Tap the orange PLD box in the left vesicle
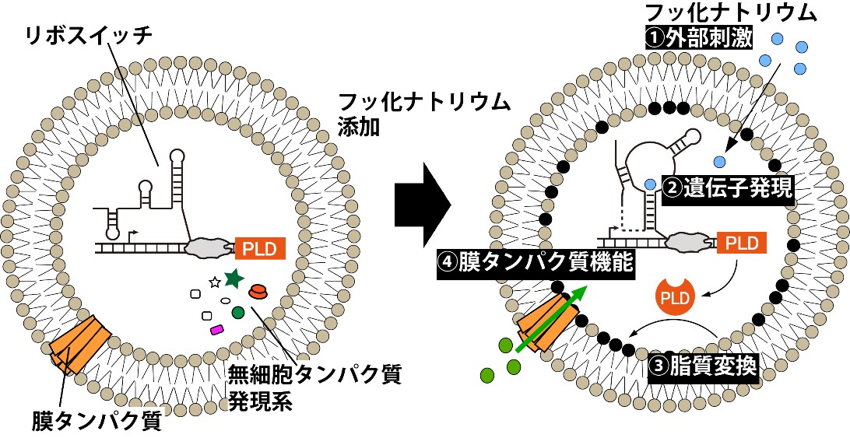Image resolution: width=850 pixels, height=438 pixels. (x=260, y=248)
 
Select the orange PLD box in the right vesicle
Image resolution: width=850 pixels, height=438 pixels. (x=739, y=243)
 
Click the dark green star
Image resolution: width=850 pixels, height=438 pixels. (x=232, y=277)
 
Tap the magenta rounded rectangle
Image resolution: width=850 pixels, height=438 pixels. (x=217, y=329)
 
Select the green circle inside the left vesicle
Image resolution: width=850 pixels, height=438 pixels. (x=238, y=313)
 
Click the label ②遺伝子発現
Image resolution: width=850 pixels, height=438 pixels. (x=727, y=188)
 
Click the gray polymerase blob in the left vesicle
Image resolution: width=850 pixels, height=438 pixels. (x=209, y=247)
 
